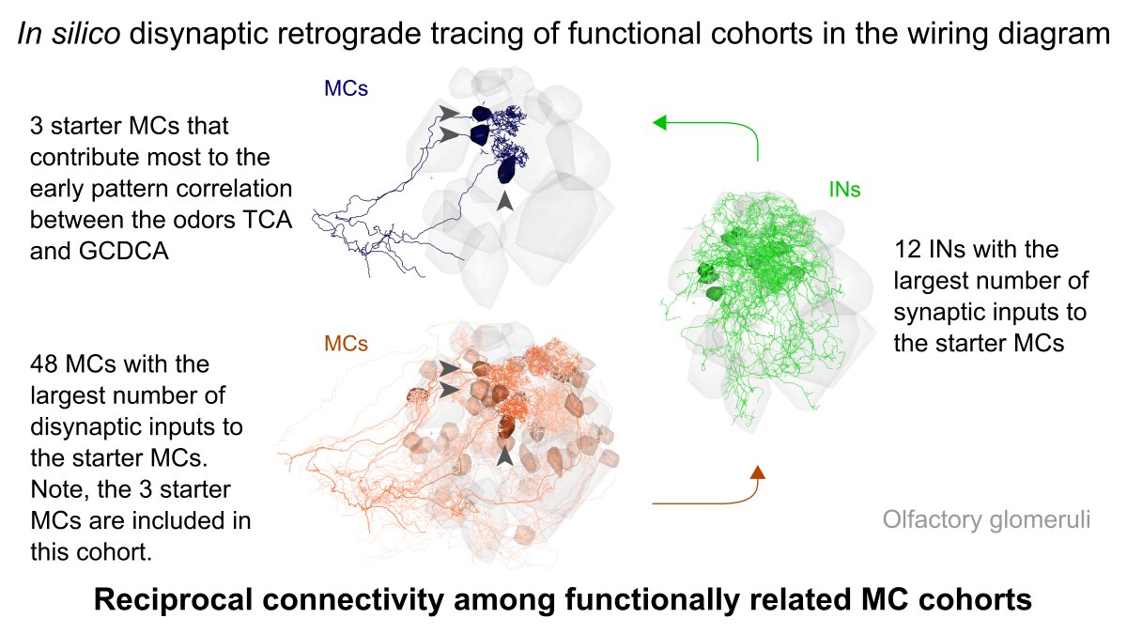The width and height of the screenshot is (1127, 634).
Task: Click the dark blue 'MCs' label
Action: (346, 88)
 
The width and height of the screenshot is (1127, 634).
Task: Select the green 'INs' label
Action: (844, 190)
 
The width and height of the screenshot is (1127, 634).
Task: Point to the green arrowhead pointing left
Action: (660, 121)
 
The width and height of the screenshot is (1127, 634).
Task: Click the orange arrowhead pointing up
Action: (758, 470)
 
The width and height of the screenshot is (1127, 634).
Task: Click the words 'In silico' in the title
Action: (59, 36)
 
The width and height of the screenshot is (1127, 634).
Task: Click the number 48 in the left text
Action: (45, 363)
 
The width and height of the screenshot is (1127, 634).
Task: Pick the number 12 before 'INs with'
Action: (907, 251)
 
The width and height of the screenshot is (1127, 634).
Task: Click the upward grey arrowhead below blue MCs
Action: (505, 201)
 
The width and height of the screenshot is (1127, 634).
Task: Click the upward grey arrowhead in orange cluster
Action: (505, 456)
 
